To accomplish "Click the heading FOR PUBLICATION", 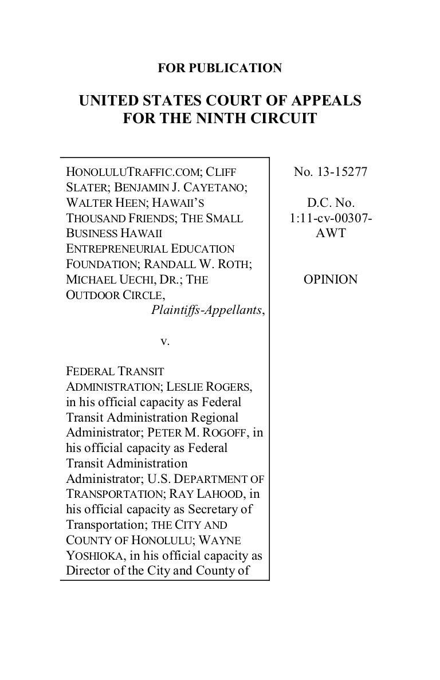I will (x=220, y=69).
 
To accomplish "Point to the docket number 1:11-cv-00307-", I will (x=331, y=218).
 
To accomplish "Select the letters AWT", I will (x=331, y=233).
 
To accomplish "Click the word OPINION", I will (x=331, y=280).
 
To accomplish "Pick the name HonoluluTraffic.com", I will (x=133, y=171).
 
